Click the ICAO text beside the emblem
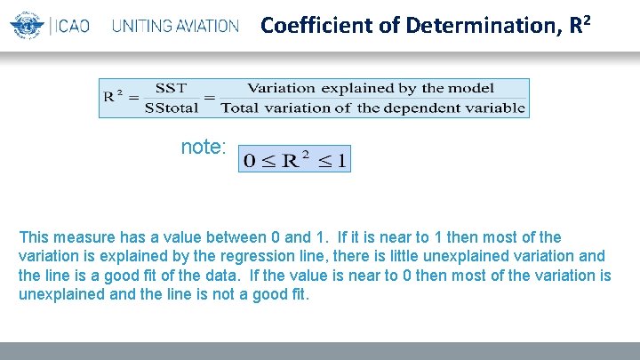71,26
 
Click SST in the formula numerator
171,88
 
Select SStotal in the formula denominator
172,108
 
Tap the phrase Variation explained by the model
372,88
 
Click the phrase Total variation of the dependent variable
372,108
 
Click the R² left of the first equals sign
114,96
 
